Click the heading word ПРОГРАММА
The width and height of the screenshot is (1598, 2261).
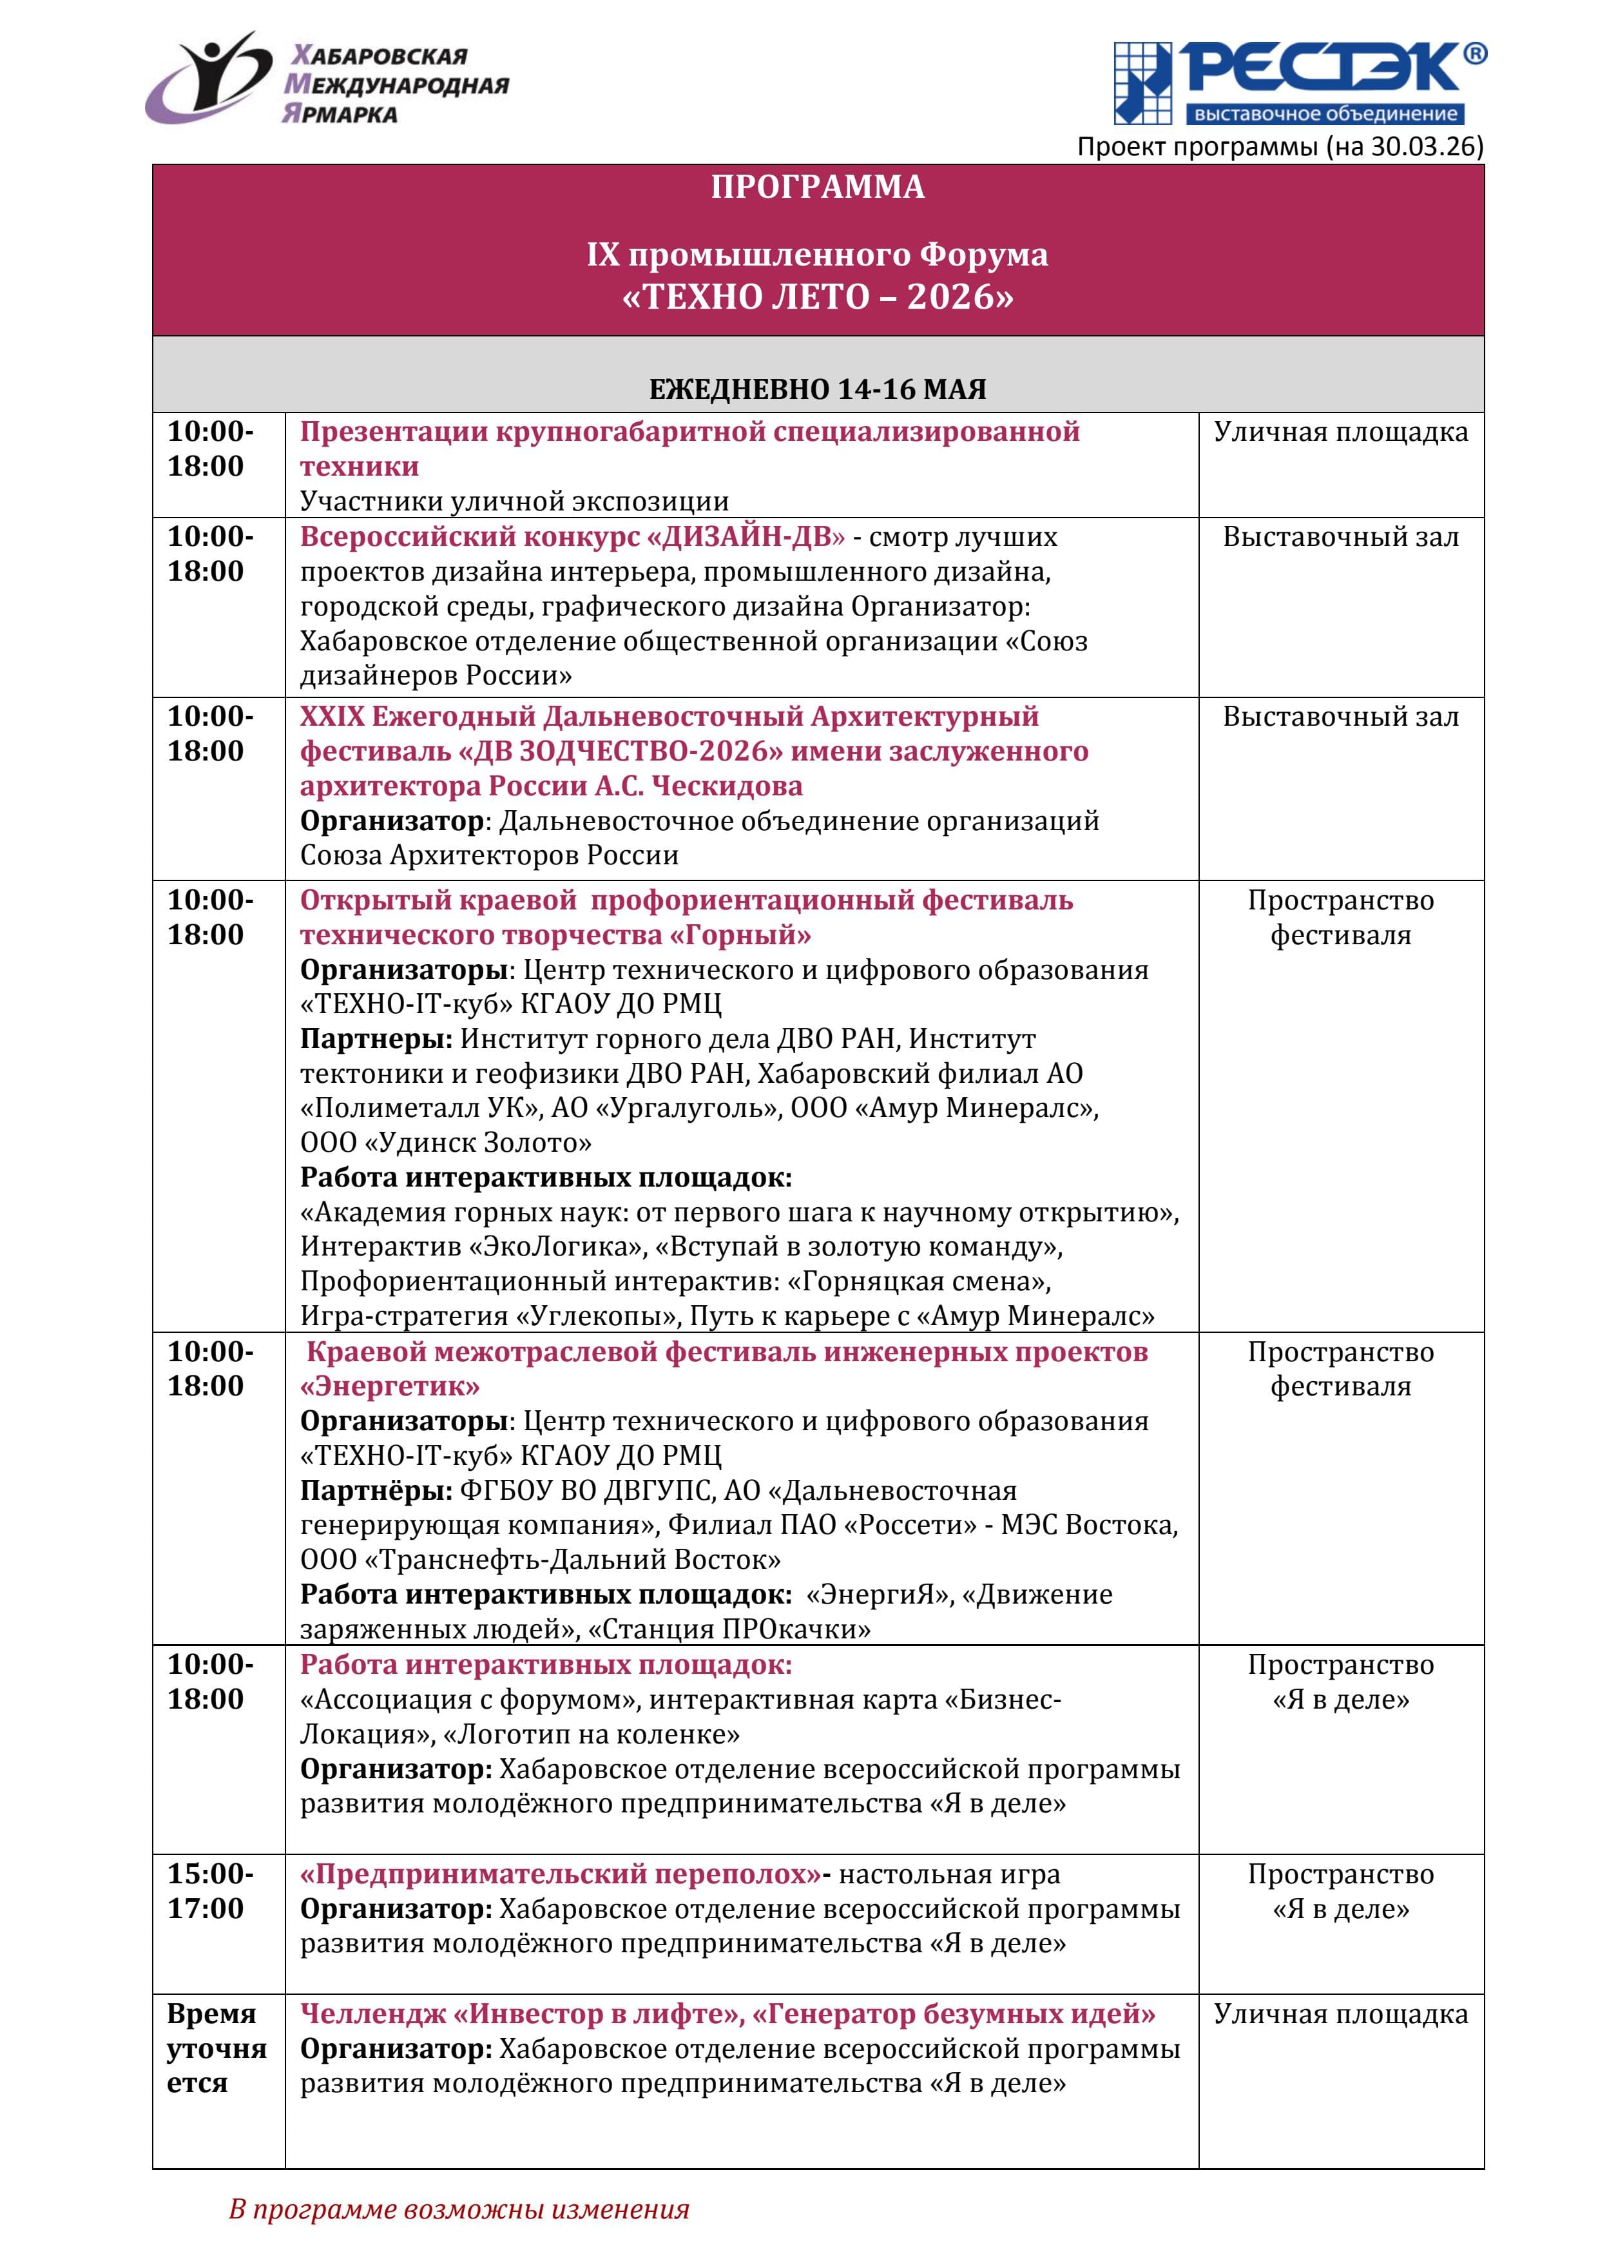817,187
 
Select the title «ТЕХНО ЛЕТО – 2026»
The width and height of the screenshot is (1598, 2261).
817,296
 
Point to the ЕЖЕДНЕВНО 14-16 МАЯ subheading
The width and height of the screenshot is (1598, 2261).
817,389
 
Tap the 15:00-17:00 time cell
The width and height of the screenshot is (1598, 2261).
209,1891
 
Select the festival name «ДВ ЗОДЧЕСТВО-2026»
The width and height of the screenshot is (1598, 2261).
621,752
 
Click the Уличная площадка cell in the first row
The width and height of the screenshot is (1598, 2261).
1340,432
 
